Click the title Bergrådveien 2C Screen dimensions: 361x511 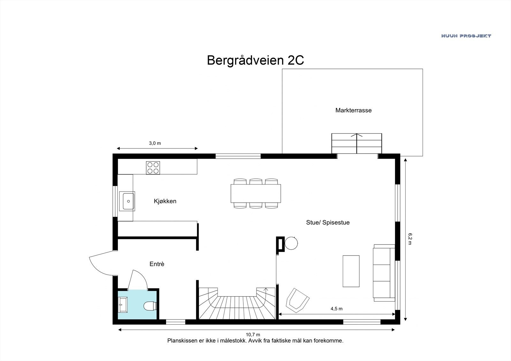255,60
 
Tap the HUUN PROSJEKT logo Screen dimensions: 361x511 466,36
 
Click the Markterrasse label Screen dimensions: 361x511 353,110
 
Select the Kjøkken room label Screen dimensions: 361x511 165,201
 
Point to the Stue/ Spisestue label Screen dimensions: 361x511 328,222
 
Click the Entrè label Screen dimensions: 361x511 157,264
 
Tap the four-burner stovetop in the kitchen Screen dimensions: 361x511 153,168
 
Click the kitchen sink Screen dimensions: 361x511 127,201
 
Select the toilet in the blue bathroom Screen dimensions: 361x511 149,306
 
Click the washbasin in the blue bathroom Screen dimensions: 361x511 123,305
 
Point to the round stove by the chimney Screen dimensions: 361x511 291,243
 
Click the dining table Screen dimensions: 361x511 256,193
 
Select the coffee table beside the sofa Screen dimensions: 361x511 351,271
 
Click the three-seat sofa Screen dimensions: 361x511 384,273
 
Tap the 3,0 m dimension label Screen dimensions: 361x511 155,143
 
